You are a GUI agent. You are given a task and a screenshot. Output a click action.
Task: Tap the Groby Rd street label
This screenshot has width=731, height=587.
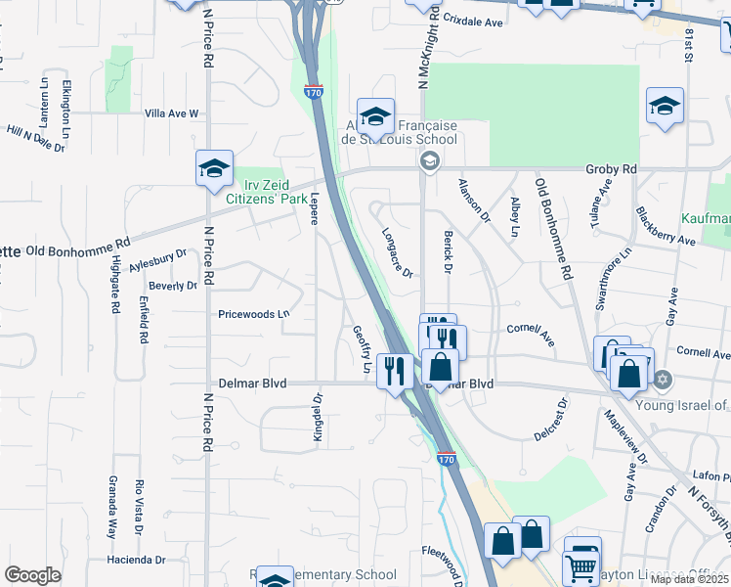[x=611, y=169]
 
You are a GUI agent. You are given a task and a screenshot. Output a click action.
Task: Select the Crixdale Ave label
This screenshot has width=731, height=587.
[x=472, y=19]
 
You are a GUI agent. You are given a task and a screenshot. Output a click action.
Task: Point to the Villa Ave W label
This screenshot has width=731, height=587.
[x=171, y=113]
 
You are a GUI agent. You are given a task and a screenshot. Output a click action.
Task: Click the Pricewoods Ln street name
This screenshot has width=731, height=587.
[x=254, y=314]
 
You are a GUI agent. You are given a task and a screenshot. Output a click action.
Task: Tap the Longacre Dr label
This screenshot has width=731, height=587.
[x=396, y=252]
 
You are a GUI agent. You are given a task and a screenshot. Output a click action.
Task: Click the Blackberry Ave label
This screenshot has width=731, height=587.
[x=665, y=226]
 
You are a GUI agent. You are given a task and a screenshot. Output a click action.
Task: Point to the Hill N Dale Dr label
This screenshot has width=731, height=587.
[x=35, y=138]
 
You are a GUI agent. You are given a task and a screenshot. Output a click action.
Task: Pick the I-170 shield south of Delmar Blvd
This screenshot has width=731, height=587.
[x=448, y=457]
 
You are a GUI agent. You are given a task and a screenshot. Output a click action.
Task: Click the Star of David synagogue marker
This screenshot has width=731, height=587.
[x=663, y=379]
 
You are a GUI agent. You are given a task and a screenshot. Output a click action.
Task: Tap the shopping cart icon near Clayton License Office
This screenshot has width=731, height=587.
[x=582, y=564]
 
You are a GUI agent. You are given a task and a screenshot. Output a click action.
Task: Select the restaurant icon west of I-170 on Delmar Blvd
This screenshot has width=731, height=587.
[x=393, y=371]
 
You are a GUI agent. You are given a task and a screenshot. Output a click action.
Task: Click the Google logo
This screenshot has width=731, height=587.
[x=32, y=575]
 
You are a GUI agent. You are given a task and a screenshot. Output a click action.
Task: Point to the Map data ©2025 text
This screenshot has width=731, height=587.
[x=689, y=579]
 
